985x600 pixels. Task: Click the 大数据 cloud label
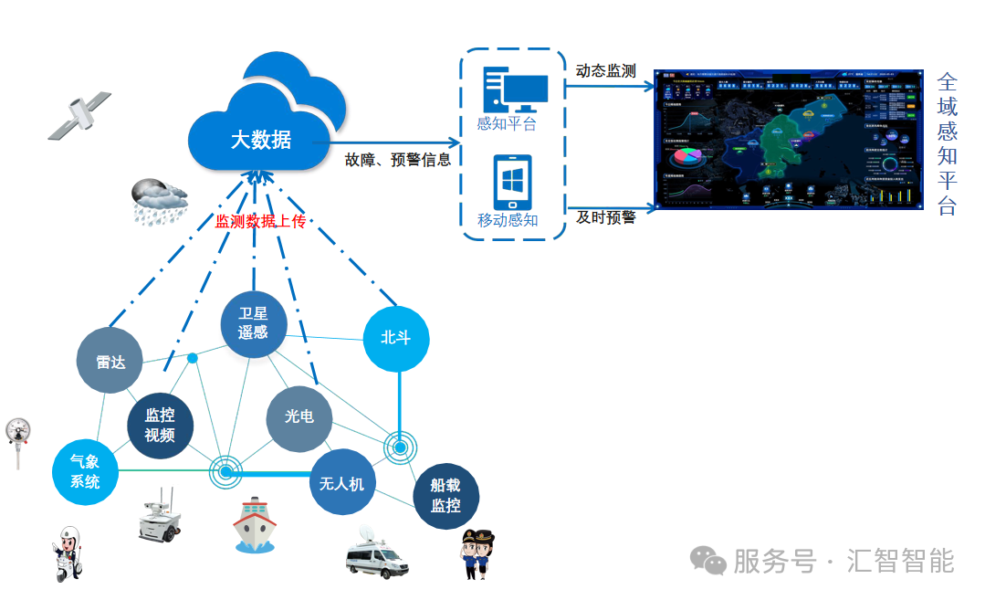tap(260, 140)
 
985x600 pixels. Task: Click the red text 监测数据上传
tap(260, 221)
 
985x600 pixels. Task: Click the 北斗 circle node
tap(395, 338)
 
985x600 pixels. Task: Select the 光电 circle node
tap(299, 416)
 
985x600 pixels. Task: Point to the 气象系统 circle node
tap(86, 471)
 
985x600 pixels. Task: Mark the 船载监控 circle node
tap(445, 496)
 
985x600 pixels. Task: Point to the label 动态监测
tap(605, 70)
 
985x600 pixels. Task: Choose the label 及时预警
tap(605, 217)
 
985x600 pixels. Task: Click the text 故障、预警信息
tap(398, 160)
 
